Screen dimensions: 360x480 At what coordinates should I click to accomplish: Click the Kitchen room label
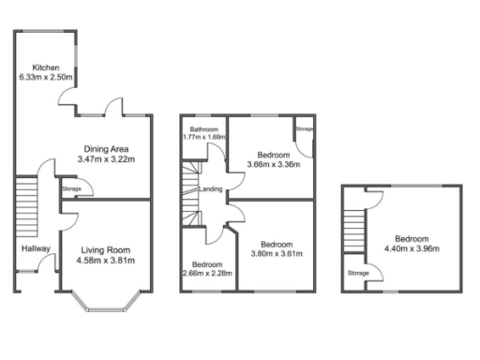click(x=46, y=67)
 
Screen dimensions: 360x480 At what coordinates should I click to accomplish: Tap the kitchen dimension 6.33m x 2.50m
click(x=46, y=78)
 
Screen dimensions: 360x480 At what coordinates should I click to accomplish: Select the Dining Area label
click(x=106, y=148)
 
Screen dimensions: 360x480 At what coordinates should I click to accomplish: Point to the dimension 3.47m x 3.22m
click(x=106, y=159)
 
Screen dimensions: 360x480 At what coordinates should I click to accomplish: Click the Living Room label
click(x=105, y=249)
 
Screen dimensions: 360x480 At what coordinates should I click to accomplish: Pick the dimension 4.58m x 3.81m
click(x=105, y=261)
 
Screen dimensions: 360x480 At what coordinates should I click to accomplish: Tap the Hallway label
click(x=36, y=248)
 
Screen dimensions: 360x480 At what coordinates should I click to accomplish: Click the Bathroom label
click(x=204, y=129)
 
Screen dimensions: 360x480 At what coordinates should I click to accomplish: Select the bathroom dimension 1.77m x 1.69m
click(x=204, y=138)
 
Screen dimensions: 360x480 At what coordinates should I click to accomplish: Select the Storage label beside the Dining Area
click(x=71, y=190)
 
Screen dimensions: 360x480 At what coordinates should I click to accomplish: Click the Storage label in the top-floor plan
click(x=358, y=274)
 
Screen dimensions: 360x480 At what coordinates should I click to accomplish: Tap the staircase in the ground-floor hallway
click(x=26, y=204)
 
